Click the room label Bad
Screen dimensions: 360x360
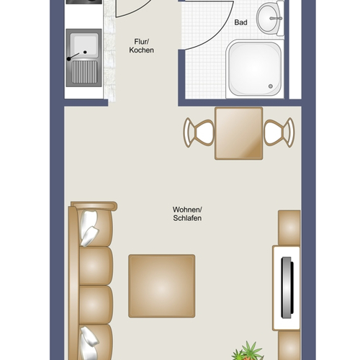tap(240, 22)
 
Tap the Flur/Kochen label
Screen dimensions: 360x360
tap(141, 46)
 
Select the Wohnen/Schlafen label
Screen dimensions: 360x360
tap(187, 214)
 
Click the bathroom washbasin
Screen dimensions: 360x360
tap(270, 18)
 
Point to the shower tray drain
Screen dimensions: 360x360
tap(271, 86)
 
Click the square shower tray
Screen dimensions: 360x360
tap(255, 69)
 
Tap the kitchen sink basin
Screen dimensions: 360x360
tap(86, 45)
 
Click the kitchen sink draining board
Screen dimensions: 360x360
tap(84, 72)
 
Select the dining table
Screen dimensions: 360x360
tap(239, 133)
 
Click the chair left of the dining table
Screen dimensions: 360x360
tap(199, 132)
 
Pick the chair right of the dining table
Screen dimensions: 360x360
tap(279, 132)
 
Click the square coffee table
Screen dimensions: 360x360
tap(162, 286)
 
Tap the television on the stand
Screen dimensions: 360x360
tap(287, 288)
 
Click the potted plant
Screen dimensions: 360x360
tap(247, 351)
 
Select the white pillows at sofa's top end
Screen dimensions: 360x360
tap(89, 228)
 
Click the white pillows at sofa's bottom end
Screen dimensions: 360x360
tap(89, 343)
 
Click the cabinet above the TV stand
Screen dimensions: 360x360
tap(289, 228)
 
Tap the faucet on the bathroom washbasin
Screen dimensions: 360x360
tap(276, 18)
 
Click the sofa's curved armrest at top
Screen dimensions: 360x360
tap(94, 206)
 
